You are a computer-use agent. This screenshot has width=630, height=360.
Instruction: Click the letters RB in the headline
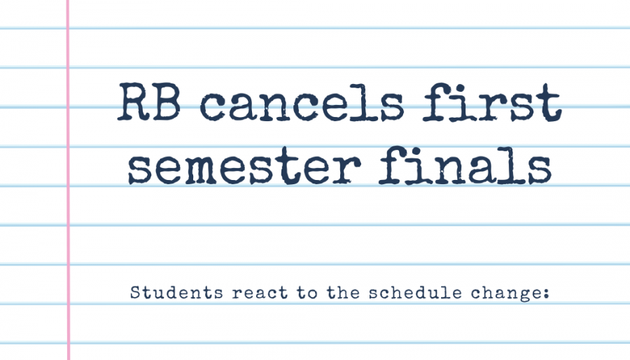[148, 102]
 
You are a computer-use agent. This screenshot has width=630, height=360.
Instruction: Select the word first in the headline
[492, 102]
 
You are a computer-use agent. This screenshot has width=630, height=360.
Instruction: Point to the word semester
[244, 166]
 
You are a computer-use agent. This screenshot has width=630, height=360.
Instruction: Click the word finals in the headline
[465, 165]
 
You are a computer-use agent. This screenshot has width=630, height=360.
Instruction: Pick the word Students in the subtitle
[176, 293]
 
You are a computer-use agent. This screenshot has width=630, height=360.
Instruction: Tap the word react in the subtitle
[260, 293]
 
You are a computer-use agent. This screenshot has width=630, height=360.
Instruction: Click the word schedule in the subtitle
[415, 293]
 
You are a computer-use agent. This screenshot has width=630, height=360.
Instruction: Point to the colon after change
[545, 294]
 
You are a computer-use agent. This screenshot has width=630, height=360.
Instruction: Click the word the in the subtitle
[343, 293]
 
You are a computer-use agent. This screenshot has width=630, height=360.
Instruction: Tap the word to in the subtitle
[307, 293]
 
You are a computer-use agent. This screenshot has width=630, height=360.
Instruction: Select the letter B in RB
[165, 102]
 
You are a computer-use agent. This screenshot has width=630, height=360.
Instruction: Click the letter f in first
[437, 102]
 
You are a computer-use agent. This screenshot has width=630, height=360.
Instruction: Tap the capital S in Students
[135, 293]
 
